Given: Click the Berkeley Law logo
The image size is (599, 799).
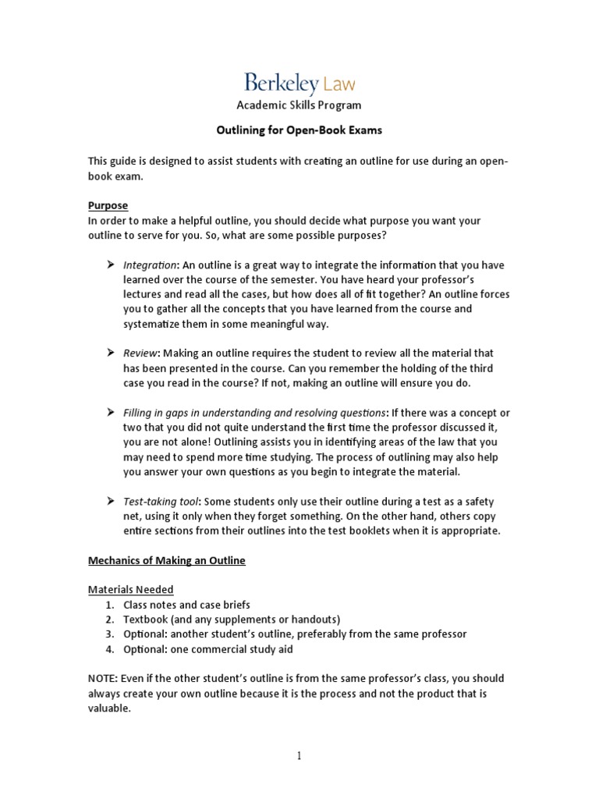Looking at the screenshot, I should click(x=299, y=83).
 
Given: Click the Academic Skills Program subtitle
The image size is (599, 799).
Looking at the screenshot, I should click(x=299, y=105).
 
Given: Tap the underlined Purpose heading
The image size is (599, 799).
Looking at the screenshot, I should click(x=108, y=205).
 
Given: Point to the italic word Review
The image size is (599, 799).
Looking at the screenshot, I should click(x=141, y=353).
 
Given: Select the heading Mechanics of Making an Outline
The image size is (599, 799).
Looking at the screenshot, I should click(x=166, y=560).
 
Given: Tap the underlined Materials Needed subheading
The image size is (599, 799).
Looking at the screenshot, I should click(x=130, y=589).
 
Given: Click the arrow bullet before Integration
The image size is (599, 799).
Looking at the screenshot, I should click(x=111, y=265).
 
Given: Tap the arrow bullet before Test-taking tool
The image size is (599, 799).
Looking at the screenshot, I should click(x=111, y=501).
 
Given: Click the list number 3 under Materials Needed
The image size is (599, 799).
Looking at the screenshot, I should click(x=108, y=634).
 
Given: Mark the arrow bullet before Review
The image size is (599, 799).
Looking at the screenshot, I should click(x=111, y=353).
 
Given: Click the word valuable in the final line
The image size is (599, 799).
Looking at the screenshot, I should click(x=108, y=708).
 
